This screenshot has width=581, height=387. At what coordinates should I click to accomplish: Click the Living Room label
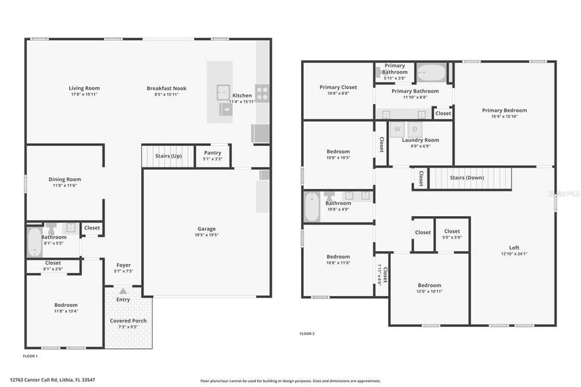point(84,88)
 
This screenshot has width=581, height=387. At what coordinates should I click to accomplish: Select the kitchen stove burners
point(262,92)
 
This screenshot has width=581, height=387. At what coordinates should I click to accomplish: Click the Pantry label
point(212,153)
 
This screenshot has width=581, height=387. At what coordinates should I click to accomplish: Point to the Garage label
point(206,229)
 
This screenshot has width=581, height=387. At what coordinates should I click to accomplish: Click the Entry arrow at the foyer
point(123,292)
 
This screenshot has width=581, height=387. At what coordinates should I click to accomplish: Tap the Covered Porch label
point(129,321)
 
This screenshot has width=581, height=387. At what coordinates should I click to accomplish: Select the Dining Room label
point(64,179)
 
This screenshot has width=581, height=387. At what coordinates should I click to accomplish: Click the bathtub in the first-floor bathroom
point(34,242)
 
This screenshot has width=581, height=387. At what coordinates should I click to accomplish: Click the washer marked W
point(397,128)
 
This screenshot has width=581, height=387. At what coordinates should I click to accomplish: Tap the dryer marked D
point(415,128)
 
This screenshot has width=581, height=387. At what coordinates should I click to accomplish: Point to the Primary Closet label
point(338,87)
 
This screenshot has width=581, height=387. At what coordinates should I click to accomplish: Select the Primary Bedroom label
point(504,110)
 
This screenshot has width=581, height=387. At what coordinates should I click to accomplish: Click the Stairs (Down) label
point(466,177)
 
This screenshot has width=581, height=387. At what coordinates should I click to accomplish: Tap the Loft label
point(514,247)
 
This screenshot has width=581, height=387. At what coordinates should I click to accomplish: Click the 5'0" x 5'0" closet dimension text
point(452,237)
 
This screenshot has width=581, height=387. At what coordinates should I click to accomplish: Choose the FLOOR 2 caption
point(307,333)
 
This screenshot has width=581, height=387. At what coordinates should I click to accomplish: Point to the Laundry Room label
point(420,140)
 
